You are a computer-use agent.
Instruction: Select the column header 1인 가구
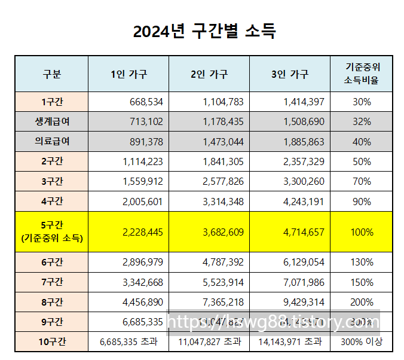(x=128, y=74)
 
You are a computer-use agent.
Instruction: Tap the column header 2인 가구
(x=209, y=74)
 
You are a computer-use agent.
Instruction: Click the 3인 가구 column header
(x=289, y=74)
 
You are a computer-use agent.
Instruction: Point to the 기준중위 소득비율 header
(x=362, y=74)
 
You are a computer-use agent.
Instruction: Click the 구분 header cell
(x=51, y=74)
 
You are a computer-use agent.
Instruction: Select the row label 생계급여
(x=51, y=121)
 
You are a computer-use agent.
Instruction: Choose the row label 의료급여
(x=51, y=141)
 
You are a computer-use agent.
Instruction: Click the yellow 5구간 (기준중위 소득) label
(x=51, y=232)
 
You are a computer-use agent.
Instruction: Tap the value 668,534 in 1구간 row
(x=146, y=102)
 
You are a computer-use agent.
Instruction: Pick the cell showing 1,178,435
(x=222, y=121)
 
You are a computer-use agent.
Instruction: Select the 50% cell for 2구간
(x=362, y=161)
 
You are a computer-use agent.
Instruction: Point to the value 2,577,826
(x=222, y=181)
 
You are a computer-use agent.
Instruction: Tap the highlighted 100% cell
(x=362, y=232)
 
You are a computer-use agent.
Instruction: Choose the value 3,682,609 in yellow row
(x=222, y=232)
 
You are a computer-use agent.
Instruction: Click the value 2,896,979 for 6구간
(x=142, y=262)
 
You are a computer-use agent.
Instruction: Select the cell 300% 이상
(x=362, y=341)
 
